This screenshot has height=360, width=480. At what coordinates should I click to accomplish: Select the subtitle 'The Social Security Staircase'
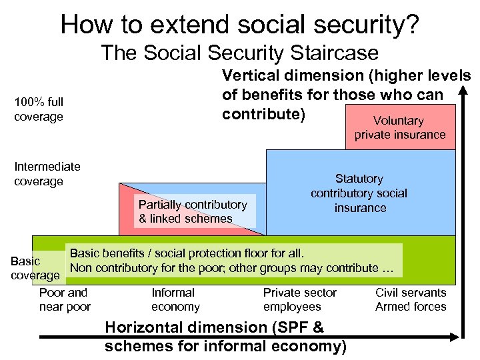point(239,53)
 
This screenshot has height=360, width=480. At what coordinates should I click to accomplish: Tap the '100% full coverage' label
point(39,109)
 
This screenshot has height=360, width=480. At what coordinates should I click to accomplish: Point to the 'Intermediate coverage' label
point(47,173)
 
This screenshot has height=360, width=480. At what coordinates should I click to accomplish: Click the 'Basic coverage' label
point(35,268)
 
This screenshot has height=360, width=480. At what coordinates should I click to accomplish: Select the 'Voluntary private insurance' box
point(399,127)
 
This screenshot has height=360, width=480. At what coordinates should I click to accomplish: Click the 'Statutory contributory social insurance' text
point(359,193)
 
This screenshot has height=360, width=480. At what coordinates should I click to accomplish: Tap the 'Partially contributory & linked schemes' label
point(193,211)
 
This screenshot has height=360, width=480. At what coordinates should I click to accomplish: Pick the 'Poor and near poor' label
point(64,299)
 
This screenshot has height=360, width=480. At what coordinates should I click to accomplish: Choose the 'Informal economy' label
point(175,299)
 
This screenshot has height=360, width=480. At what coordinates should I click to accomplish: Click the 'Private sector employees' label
point(300,299)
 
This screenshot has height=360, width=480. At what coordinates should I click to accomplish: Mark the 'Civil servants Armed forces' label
point(411,299)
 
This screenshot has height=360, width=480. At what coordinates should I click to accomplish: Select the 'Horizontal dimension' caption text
point(225,337)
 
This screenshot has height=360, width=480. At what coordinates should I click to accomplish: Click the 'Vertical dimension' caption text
point(346,95)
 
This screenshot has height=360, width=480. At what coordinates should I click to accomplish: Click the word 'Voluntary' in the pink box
point(399,121)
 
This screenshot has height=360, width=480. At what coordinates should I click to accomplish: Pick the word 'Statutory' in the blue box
point(359,179)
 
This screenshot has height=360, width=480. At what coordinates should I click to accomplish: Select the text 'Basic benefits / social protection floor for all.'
point(187,253)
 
